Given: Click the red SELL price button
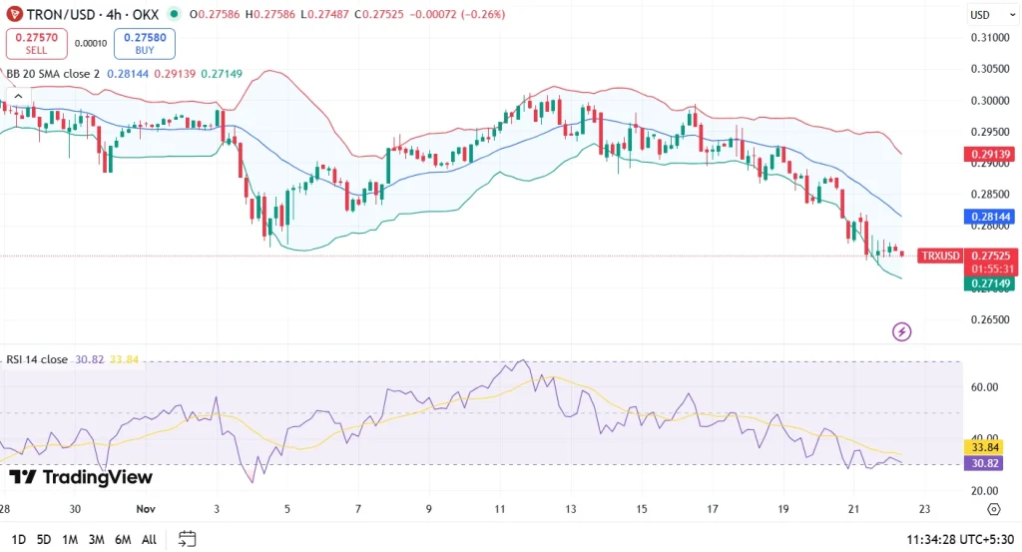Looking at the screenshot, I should coord(35,43).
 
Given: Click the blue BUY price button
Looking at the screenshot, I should coord(144,43).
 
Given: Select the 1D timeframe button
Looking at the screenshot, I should coord(17,539).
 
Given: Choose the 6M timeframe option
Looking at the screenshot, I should coord(123,539).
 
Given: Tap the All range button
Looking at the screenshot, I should coord(149,539).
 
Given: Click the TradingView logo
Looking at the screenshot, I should coord(80,477).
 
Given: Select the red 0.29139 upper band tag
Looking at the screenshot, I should coord(988,155).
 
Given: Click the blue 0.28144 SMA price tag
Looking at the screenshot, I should coord(988,217).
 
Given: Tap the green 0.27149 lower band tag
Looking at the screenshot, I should coord(988,283).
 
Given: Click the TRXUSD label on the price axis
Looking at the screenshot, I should coord(940,256).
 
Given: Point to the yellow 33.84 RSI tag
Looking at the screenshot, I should coord(988,448).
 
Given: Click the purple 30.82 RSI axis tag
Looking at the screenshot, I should coord(988,463).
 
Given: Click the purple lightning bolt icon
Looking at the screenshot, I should coord(901,331).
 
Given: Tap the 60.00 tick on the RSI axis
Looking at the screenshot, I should coord(987,387).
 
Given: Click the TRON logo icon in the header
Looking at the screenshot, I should coord(15,14).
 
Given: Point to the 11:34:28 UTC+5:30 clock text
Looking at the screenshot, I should coord(960,539).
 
